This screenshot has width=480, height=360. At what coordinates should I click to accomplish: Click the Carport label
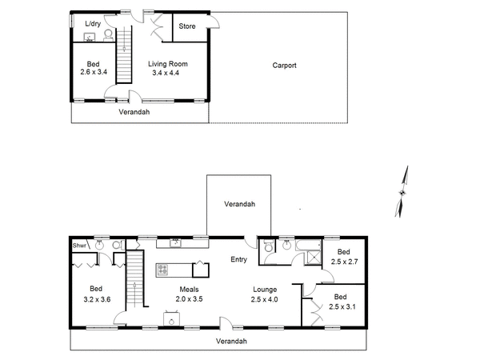[x=284, y=66]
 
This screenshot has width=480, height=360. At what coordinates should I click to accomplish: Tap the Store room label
[x=187, y=26]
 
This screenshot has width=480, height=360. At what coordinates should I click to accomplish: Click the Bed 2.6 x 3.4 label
[x=93, y=68]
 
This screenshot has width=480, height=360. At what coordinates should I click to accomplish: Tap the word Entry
[x=239, y=259]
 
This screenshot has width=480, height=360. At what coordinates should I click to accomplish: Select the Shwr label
[x=79, y=246]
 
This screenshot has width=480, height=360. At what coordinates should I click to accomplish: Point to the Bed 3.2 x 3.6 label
[x=96, y=293]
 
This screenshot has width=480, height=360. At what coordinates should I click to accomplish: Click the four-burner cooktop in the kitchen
[x=163, y=269]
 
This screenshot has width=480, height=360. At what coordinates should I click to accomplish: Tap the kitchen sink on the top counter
[x=174, y=242]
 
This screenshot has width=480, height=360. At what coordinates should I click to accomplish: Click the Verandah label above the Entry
[x=239, y=204]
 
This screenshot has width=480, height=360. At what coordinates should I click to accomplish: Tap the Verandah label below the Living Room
[x=134, y=112]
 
